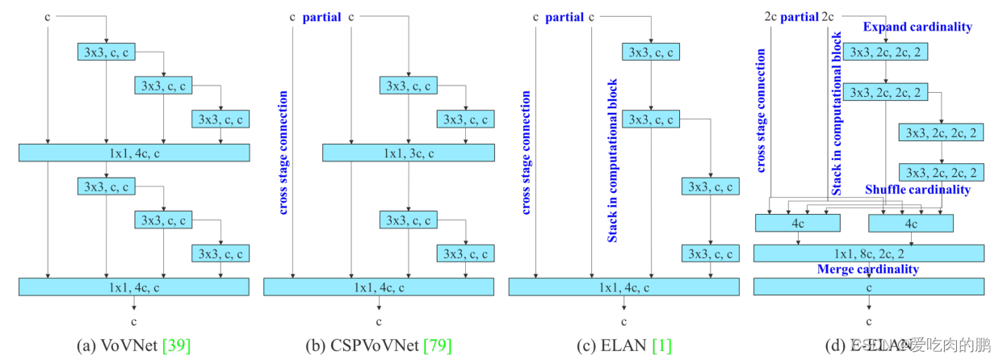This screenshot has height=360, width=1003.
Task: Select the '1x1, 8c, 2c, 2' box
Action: point(869,253)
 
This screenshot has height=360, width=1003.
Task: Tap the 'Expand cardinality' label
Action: point(917,27)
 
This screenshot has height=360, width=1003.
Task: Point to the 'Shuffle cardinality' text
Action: point(917,190)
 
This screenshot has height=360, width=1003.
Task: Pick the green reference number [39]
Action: point(176,346)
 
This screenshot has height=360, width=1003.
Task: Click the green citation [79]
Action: point(438,346)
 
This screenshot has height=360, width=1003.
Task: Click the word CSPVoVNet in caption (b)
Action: point(374,346)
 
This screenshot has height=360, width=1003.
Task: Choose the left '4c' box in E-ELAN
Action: point(797,222)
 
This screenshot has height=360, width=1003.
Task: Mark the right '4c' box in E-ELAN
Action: point(910,222)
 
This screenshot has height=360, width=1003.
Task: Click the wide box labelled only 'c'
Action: point(869,286)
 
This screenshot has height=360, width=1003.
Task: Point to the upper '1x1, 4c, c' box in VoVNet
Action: point(134,153)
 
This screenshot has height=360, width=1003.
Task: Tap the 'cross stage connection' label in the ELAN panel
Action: point(526,153)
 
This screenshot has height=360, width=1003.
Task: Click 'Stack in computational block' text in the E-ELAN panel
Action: point(837,113)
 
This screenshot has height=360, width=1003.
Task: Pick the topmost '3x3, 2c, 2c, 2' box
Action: point(886,52)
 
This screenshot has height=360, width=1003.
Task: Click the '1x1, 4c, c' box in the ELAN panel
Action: point(623,287)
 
